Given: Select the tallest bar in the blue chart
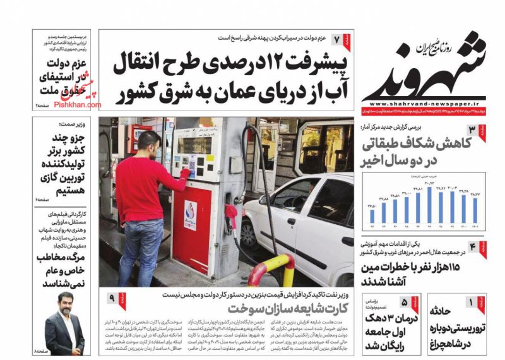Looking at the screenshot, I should tap(430, 205).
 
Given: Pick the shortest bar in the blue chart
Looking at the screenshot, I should tap(371, 217).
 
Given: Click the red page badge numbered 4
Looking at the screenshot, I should tap(477, 247).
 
